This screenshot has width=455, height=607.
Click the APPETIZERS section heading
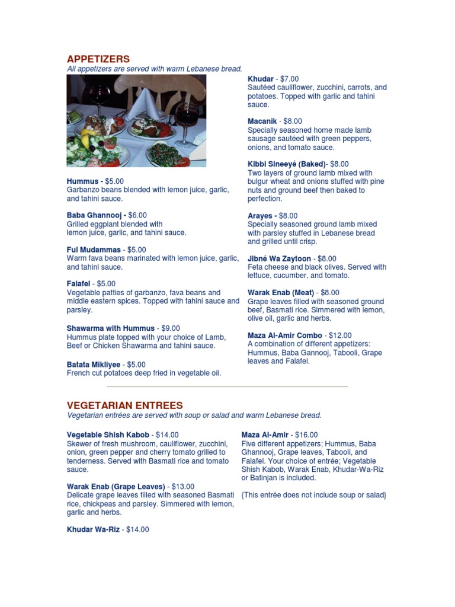(x=98, y=59)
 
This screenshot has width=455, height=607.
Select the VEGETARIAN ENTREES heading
(x=124, y=405)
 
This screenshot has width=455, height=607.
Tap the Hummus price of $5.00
(x=115, y=181)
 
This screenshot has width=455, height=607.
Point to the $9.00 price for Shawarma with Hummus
(x=168, y=328)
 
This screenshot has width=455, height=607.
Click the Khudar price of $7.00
(x=290, y=79)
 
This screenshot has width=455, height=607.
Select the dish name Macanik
(x=262, y=121)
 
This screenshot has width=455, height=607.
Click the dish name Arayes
(x=260, y=216)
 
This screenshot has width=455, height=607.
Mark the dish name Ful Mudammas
(x=94, y=250)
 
